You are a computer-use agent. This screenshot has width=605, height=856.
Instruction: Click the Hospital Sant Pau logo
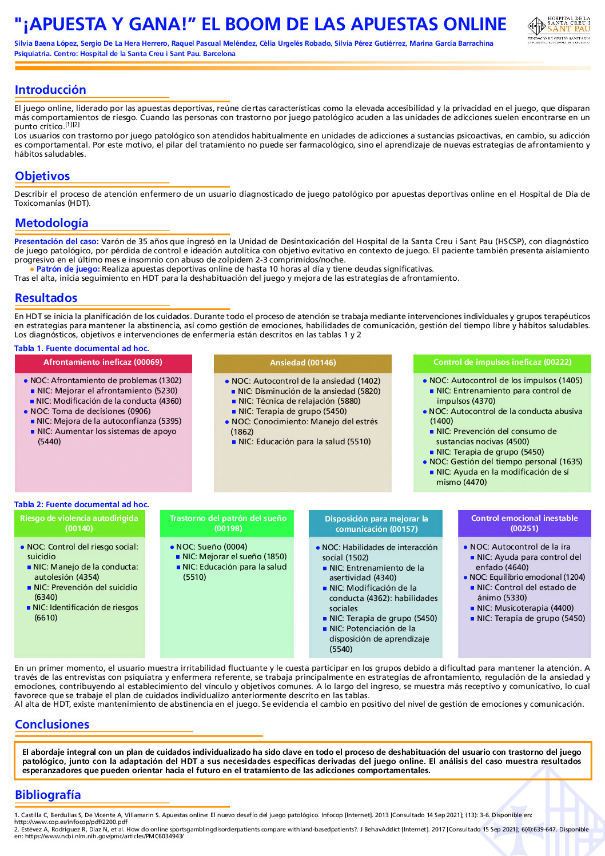(x=558, y=29)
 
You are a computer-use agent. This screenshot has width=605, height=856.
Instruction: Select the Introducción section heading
(x=50, y=90)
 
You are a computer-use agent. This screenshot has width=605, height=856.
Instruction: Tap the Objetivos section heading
(x=42, y=176)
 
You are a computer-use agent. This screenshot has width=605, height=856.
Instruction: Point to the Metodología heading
(x=51, y=223)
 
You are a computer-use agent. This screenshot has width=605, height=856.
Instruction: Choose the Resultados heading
(x=46, y=298)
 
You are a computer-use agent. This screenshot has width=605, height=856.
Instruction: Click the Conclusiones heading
(x=52, y=724)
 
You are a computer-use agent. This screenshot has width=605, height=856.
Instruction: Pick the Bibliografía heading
(x=47, y=795)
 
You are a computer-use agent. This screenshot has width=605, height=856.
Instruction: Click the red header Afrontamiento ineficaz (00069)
(x=103, y=363)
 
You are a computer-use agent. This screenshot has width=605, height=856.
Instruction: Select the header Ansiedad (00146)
(x=302, y=363)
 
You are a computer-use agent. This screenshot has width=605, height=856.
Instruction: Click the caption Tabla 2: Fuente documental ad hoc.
(x=81, y=504)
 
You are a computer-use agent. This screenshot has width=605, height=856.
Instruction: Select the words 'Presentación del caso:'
(x=57, y=242)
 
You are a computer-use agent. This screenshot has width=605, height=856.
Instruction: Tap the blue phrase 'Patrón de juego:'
(x=68, y=269)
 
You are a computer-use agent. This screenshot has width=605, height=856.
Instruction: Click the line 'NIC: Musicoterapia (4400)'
(x=525, y=608)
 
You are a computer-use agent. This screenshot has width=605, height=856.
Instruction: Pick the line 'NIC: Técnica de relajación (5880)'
(x=299, y=401)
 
